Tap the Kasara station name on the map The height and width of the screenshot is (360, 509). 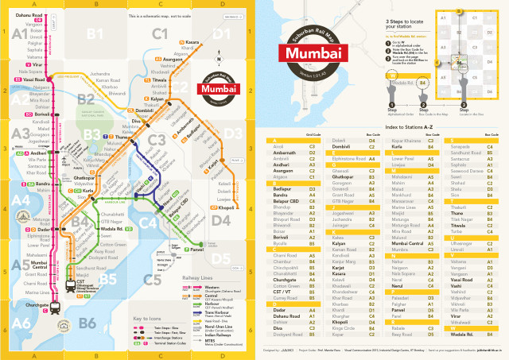(192, 41)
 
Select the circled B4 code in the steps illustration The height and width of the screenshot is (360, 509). (424, 83)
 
